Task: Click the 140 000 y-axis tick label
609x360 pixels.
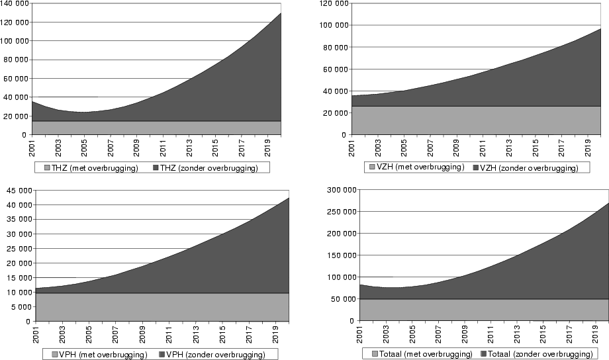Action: pos(14,3)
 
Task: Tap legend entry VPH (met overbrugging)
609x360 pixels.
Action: pos(103,355)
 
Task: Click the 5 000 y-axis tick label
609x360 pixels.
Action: pos(18,306)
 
